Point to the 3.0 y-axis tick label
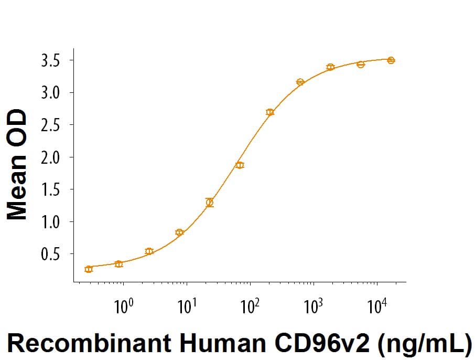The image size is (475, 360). coord(51,93)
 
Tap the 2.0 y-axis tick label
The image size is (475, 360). coord(51,157)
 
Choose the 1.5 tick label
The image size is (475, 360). coord(51,189)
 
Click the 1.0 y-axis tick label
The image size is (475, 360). coord(51,222)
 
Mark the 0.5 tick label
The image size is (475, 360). coord(51,255)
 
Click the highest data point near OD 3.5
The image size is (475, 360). coord(391,60)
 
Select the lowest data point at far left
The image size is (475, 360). coord(89,269)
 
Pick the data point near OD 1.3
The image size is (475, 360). coord(210,203)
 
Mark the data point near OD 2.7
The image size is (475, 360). coord(270,112)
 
